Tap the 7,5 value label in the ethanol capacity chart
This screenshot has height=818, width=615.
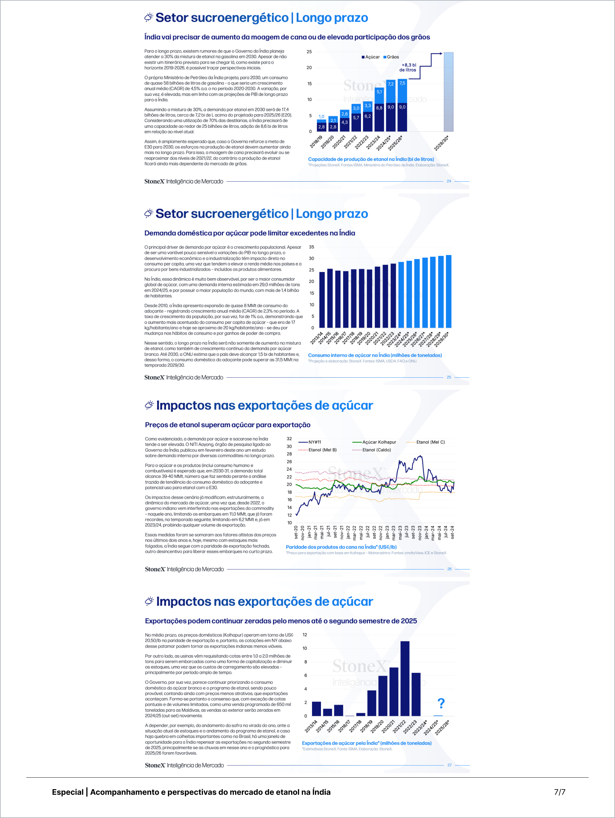coord(402,83)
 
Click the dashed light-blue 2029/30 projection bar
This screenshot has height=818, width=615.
coord(448,92)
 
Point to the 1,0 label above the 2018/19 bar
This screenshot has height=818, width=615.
coord(321,117)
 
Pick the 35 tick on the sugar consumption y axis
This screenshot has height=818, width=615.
coord(311,247)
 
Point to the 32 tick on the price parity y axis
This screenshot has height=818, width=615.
coord(289,438)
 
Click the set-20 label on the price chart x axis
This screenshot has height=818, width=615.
coord(296,532)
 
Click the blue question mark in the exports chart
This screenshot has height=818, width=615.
coord(441,703)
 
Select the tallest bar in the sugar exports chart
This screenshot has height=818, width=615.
coord(405,679)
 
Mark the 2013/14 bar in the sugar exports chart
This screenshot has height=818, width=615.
coord(316,708)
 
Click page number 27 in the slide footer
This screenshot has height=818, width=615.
coord(449,765)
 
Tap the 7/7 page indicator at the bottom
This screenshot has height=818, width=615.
coord(559,792)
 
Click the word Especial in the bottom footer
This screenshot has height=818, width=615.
coord(68,792)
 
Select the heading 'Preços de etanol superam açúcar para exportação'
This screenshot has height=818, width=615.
coord(227,425)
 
